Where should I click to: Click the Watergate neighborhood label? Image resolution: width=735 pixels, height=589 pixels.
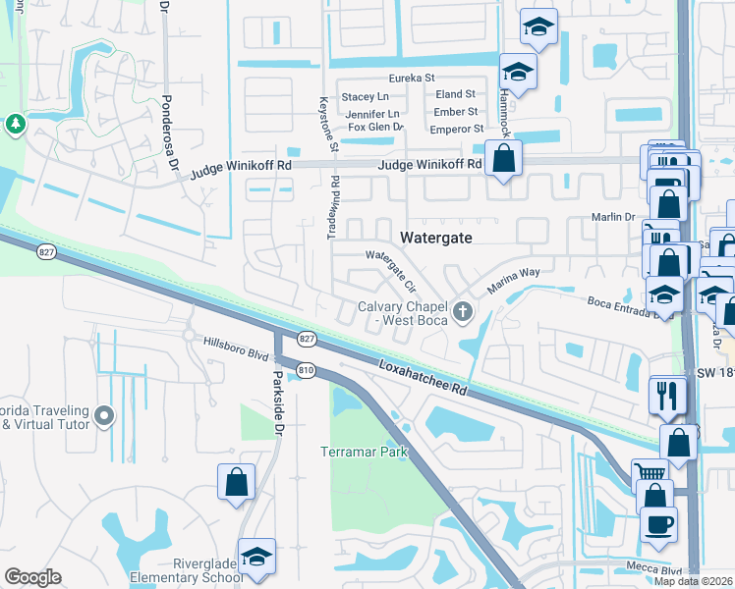[437, 238]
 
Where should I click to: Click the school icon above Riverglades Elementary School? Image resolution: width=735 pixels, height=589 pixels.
[256, 556]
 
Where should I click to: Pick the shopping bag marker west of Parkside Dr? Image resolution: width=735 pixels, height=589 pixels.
[236, 482]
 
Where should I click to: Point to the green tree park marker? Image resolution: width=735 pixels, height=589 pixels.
[16, 124]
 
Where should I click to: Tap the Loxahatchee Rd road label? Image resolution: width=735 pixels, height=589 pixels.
[422, 377]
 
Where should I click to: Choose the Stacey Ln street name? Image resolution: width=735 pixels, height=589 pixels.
[365, 96]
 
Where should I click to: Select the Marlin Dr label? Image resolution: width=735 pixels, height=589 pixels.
[615, 219]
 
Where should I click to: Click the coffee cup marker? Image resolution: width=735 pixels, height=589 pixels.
[658, 522]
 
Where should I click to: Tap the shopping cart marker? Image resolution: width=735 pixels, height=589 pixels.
[648, 473]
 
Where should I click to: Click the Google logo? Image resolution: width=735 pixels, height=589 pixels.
[32, 577]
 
